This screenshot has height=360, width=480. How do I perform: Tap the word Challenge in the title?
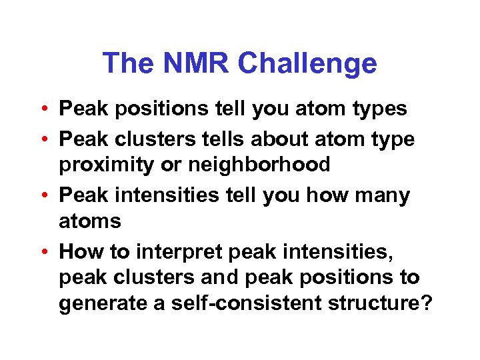(x=307, y=63)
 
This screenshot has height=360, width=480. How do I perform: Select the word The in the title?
(x=127, y=63)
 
